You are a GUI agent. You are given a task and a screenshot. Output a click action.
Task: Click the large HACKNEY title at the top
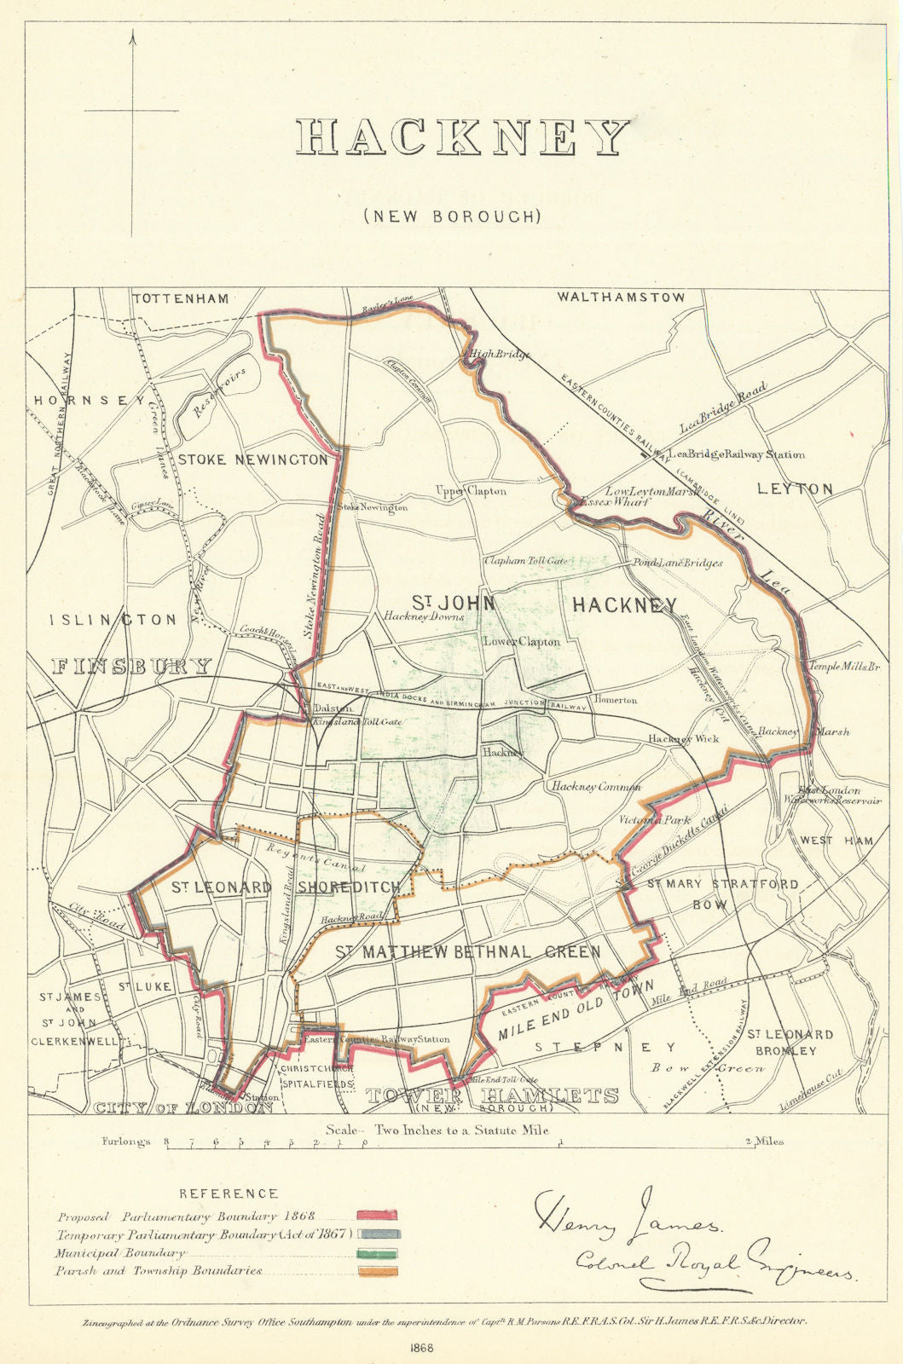click(x=463, y=137)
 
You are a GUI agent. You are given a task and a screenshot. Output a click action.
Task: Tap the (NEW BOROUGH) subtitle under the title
click(x=453, y=217)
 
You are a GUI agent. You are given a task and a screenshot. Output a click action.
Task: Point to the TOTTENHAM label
click(x=181, y=298)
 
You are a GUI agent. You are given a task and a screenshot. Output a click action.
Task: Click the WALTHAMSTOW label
click(x=621, y=298)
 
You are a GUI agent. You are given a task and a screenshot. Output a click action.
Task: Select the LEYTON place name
click(x=795, y=488)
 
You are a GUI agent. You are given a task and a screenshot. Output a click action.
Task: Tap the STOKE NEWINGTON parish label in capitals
click(x=252, y=460)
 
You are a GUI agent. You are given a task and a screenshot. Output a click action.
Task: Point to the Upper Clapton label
click(x=471, y=491)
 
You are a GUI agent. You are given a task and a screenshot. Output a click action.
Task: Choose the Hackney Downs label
click(x=424, y=616)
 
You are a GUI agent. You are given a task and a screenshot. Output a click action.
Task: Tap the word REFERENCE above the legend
click(x=229, y=1193)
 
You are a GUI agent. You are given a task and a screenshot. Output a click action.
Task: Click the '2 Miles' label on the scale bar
click(x=764, y=1141)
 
